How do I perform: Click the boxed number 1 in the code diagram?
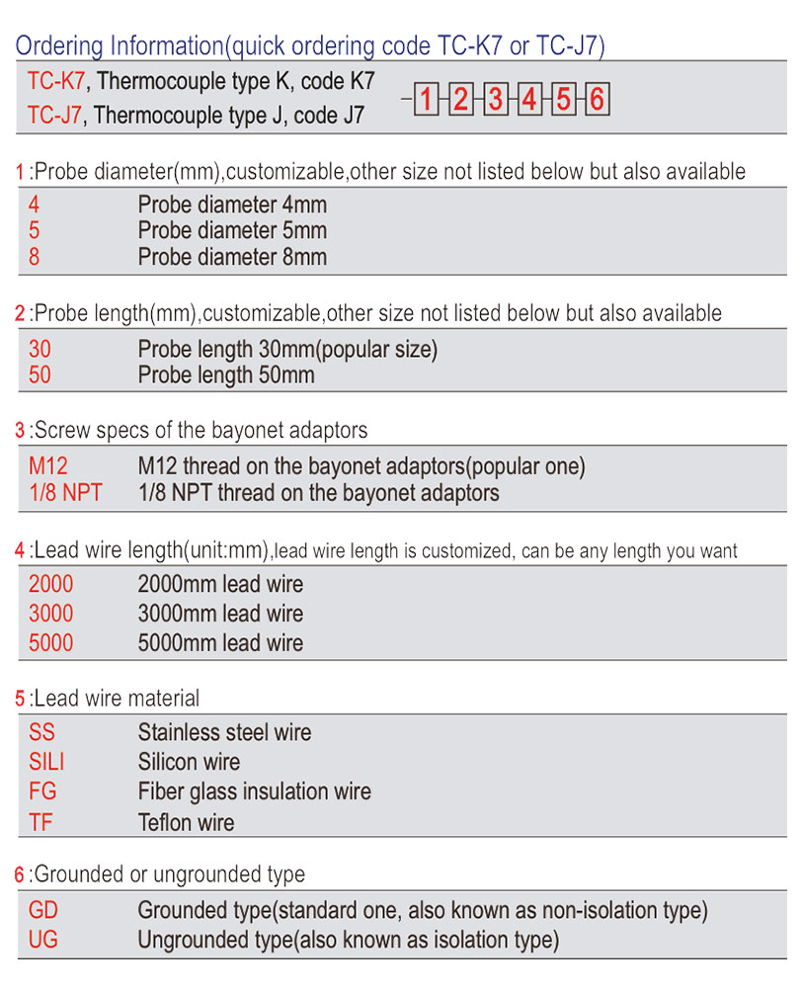click(426, 100)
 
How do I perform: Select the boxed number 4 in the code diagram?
click(529, 100)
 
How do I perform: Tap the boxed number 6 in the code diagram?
click(597, 100)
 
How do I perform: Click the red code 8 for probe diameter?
click(35, 257)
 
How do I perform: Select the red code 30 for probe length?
click(40, 350)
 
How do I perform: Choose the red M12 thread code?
click(48, 465)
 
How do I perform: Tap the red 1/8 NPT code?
click(65, 492)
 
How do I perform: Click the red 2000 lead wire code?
click(50, 584)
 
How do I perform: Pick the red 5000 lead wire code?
click(50, 643)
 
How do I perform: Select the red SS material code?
click(42, 733)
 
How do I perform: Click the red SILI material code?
click(46, 762)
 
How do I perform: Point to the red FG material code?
click(42, 791)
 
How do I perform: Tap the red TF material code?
click(40, 821)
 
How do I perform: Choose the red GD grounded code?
click(43, 910)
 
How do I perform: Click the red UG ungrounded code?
click(43, 939)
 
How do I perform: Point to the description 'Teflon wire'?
click(186, 821)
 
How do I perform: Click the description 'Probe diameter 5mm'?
click(232, 231)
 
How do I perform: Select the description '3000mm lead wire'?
click(220, 614)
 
